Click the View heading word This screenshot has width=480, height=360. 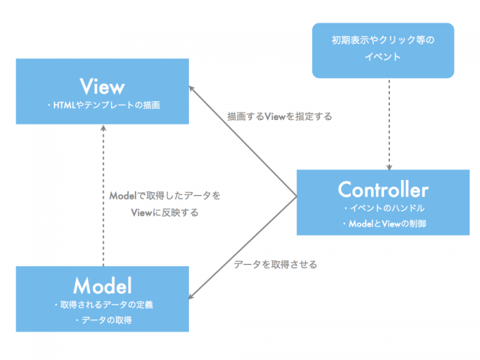pyautogui.click(x=102, y=83)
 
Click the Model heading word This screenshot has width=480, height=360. pyautogui.click(x=103, y=285)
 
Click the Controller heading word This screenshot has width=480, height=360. pyautogui.click(x=382, y=189)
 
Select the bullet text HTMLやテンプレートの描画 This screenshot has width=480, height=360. pyautogui.click(x=103, y=106)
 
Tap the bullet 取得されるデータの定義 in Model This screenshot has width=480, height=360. pyautogui.click(x=103, y=304)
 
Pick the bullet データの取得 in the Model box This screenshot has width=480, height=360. pyautogui.click(x=103, y=320)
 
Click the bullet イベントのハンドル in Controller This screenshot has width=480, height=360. pyautogui.click(x=383, y=208)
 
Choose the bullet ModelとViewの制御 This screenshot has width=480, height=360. pyautogui.click(x=383, y=223)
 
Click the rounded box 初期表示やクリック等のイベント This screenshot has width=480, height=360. pyautogui.click(x=383, y=49)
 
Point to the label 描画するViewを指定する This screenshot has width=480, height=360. pyautogui.click(x=280, y=117)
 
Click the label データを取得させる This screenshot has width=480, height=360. pyautogui.click(x=275, y=264)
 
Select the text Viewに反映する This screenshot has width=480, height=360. pyautogui.click(x=164, y=212)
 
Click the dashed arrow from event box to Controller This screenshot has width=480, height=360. pyautogui.click(x=389, y=120)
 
